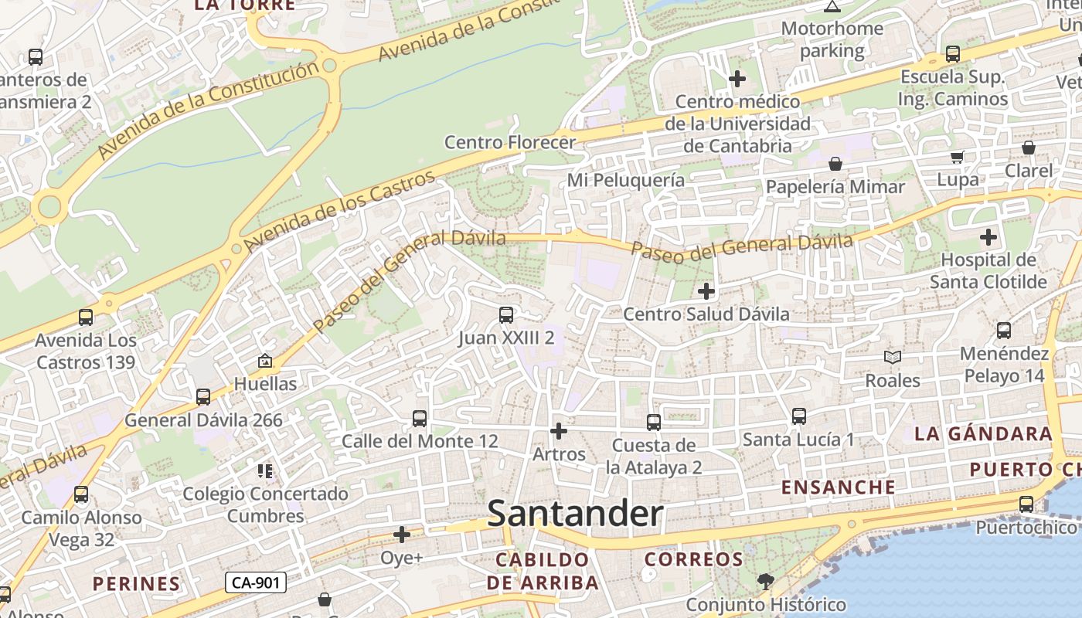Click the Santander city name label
[575, 514]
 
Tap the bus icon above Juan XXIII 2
[506, 315]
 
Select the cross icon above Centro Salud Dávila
[706, 291]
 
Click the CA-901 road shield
[256, 582]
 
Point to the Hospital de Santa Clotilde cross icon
[988, 237]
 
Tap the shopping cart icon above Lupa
[958, 158]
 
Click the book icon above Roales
[893, 358]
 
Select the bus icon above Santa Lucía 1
[799, 416]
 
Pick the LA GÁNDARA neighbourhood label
[983, 434]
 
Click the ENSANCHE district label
[839, 487]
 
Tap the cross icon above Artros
[558, 431]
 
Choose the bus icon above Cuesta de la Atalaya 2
[654, 423]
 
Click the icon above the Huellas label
[265, 361]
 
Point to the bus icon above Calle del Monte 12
[420, 419]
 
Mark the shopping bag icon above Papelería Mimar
[835, 164]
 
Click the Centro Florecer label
[510, 142]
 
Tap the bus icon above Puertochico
[1026, 504]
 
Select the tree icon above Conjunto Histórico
[766, 581]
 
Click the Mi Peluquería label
[626, 180]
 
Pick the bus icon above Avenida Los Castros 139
[86, 317]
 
